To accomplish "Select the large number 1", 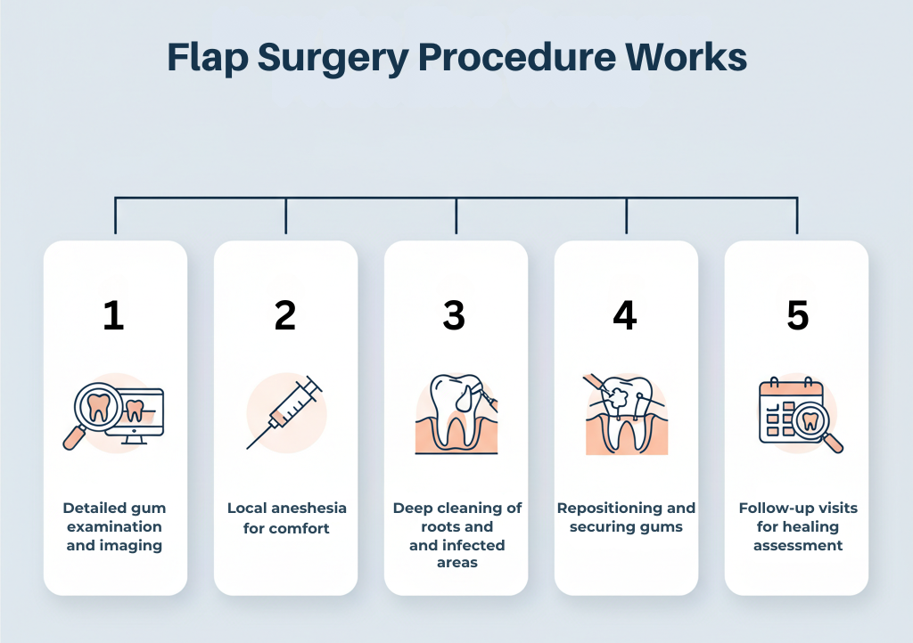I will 113,316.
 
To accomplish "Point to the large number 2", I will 284,316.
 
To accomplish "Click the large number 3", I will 455,316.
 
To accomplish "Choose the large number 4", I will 625,316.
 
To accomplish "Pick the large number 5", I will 797,316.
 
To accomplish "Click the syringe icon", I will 285,411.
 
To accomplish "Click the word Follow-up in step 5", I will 774,509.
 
